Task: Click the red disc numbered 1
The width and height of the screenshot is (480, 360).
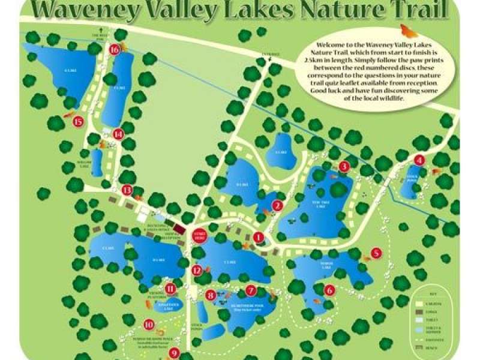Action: pos(258,238)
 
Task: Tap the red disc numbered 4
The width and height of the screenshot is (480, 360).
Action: pos(419,160)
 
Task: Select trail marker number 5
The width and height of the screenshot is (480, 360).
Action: pos(376,253)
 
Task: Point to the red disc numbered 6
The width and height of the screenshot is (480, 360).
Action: pos(329,290)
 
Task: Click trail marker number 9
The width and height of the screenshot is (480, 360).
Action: pos(174,353)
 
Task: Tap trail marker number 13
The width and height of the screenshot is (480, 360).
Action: pos(127,190)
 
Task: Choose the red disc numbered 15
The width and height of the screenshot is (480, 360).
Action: pos(77,122)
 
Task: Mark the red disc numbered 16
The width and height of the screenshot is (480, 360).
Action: pos(115,50)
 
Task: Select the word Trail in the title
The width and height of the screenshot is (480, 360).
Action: pos(415,10)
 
